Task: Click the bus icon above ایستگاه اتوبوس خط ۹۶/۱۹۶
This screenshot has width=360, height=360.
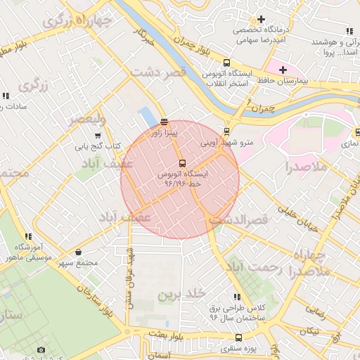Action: coord(183,163)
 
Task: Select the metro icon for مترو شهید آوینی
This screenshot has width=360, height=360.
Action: coord(226,131)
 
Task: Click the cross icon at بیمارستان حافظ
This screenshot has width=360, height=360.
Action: coord(283,70)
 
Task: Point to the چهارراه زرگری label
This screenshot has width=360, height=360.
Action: coord(77,21)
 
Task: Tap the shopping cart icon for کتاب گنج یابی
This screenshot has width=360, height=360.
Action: coord(98,136)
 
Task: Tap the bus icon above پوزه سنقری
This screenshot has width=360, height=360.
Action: coord(239,338)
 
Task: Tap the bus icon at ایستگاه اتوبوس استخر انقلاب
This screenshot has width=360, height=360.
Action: coord(226,63)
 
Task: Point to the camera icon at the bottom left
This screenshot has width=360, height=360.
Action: coord(41,350)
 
